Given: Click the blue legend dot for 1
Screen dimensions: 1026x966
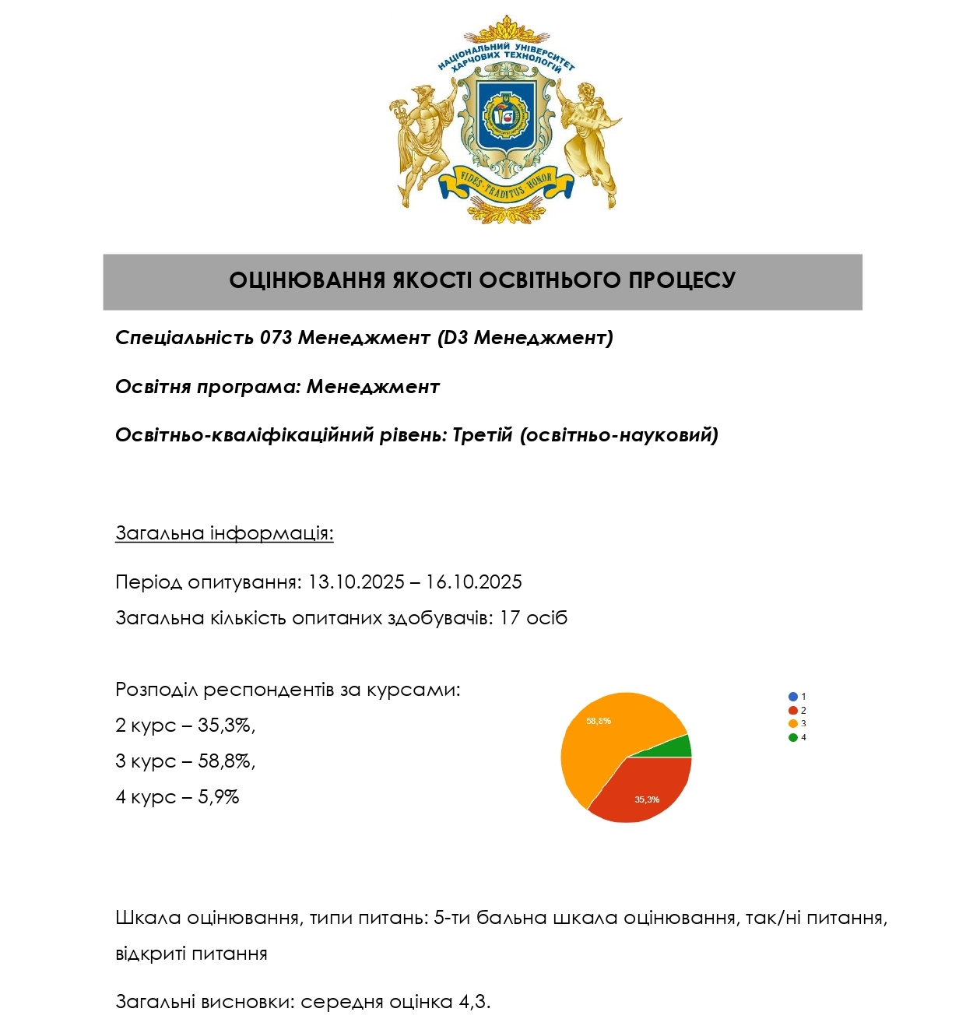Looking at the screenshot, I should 792,697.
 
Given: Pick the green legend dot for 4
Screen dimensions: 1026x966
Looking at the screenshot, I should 792,737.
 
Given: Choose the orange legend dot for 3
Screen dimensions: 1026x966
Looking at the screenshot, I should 792,724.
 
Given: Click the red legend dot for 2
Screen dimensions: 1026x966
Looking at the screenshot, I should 792,710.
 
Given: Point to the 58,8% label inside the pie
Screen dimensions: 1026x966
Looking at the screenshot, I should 599,721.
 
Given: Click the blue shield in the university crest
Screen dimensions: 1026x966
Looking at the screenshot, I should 506,117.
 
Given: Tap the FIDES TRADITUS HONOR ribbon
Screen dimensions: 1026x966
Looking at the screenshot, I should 506,185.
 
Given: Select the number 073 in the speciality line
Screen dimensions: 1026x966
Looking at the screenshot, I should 276,338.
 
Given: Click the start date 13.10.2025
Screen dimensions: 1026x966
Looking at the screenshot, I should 356,582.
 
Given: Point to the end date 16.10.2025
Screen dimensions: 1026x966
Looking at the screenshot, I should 473,582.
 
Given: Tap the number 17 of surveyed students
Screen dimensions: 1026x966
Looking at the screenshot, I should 510,618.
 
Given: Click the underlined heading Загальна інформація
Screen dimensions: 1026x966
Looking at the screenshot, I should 224,533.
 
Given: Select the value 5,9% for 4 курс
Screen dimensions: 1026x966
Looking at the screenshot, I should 219,797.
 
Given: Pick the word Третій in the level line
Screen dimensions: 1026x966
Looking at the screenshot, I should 483,434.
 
